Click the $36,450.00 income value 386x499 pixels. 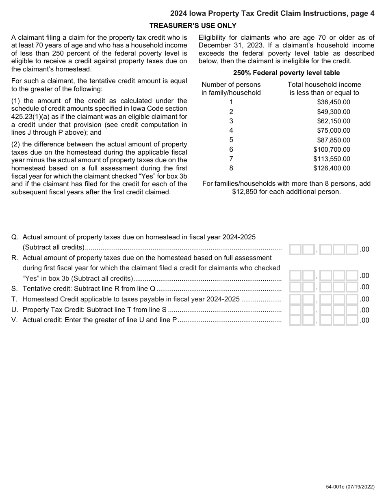point(333,102)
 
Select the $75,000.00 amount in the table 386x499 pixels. point(333,131)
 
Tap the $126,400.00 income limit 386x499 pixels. point(332,168)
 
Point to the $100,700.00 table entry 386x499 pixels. point(332,150)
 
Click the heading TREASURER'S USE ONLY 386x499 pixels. point(193,26)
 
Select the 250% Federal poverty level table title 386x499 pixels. point(286,73)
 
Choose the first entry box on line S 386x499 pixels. point(295,288)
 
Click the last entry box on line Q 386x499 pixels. point(352,249)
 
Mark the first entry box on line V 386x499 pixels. point(295,320)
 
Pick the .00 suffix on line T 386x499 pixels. point(364,299)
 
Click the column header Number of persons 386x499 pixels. point(231,85)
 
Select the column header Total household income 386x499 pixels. point(324,85)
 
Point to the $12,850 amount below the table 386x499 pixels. point(245,192)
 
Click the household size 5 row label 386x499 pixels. point(231,140)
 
